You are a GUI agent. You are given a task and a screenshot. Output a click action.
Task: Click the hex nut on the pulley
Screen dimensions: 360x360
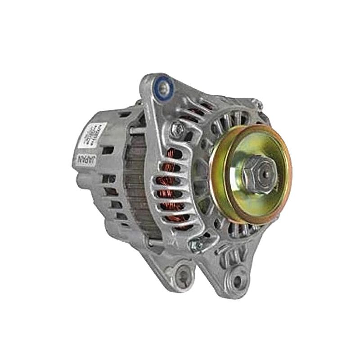click(x=258, y=174)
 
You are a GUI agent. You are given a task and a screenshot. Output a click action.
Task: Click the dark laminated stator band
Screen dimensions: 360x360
click(x=135, y=189)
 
